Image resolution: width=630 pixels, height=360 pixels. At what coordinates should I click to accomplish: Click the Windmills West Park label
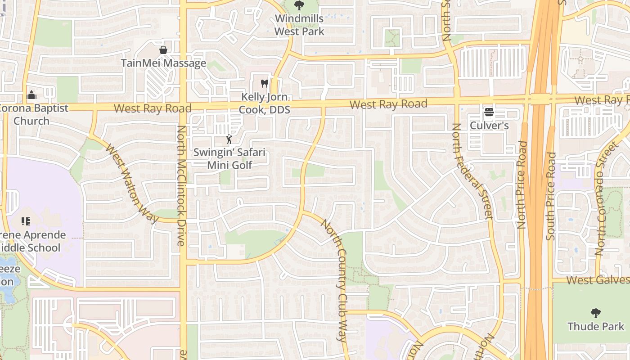pos(299,25)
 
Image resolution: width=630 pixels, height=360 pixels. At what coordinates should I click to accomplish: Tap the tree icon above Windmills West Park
pos(299,5)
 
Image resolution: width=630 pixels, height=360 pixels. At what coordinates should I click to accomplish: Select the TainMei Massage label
pos(163,63)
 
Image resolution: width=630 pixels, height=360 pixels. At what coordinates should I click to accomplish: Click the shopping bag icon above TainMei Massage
pos(163,49)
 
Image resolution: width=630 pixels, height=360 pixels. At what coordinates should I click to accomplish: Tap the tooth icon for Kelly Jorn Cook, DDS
pos(265,83)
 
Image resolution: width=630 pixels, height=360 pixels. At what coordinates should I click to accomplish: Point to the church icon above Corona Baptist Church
pos(31,95)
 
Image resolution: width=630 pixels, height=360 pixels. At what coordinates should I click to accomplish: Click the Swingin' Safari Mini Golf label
pos(229,158)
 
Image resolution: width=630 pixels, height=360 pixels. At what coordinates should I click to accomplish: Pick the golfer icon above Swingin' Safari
pos(229,139)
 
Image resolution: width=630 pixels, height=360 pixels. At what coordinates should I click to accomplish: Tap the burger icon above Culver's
pos(489,112)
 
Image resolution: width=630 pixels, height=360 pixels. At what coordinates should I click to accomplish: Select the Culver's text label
pos(489,126)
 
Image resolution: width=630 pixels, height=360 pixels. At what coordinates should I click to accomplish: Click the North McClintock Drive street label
pos(181,185)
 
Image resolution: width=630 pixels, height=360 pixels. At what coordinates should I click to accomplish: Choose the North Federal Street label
pos(472,171)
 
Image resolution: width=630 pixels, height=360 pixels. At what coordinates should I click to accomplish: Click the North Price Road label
pos(522,184)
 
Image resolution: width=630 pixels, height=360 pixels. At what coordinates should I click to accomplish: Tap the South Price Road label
pos(551,196)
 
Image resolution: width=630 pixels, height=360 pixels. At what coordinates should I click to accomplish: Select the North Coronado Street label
pos(606,198)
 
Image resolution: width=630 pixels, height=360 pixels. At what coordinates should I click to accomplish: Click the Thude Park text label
pos(596,326)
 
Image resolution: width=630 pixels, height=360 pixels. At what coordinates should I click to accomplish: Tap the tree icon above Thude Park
pos(596,313)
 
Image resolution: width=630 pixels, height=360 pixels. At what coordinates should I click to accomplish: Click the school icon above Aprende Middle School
pos(26,221)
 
